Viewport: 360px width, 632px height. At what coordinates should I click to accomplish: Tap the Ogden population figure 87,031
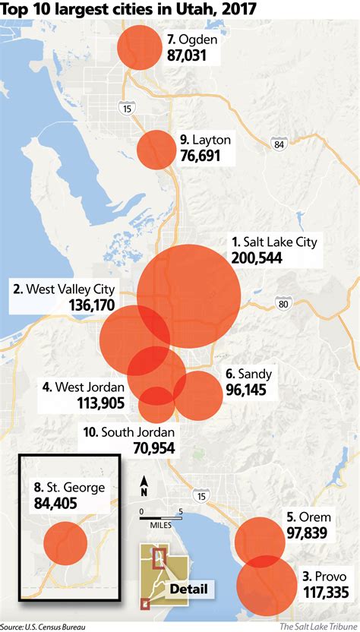point(192,55)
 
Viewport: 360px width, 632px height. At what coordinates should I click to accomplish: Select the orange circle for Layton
point(156,149)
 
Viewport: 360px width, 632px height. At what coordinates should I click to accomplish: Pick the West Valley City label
point(64,289)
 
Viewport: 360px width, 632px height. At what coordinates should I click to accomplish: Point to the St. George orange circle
point(66,543)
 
